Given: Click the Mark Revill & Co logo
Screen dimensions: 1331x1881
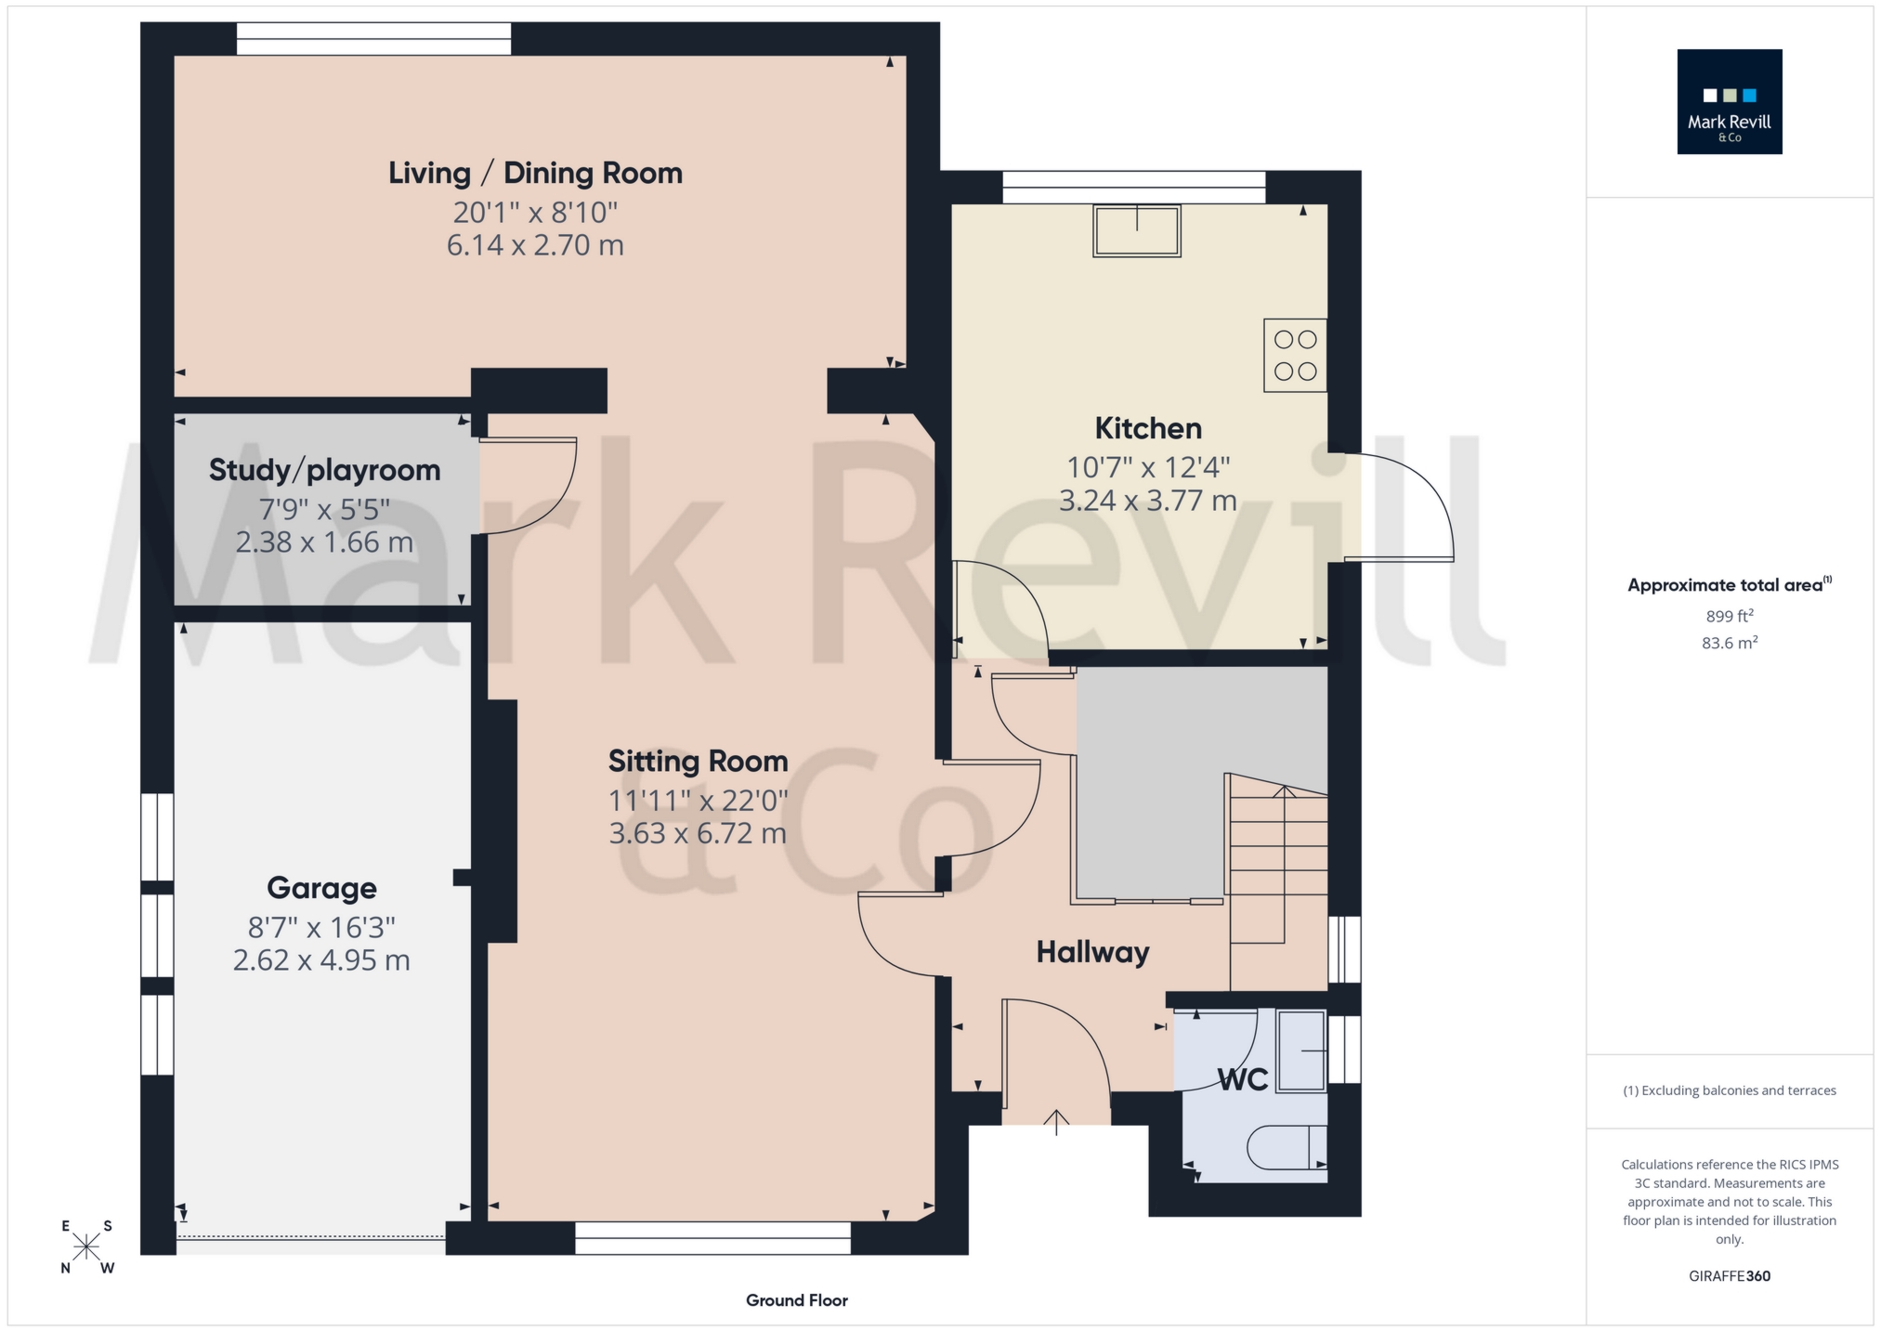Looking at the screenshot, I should (1729, 101).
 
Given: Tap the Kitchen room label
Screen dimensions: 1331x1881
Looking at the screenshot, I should (1148, 428).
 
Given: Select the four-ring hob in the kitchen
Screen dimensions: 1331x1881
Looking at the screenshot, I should (1295, 355).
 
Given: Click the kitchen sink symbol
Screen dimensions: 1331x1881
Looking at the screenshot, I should (1137, 230).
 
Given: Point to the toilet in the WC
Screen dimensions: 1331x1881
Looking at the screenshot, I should (1287, 1147).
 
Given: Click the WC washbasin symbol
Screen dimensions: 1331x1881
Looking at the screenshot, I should (1301, 1050).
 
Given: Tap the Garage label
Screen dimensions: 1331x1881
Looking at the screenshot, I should (321, 888).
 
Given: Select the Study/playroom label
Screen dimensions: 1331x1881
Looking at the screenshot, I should (324, 470).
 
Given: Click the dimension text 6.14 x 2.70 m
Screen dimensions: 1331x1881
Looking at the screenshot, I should (535, 246).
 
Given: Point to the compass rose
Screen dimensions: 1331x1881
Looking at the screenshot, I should (86, 1246).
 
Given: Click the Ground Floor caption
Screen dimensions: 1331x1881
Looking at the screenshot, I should (796, 1300).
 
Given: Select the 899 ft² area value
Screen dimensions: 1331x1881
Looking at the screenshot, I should (1729, 616).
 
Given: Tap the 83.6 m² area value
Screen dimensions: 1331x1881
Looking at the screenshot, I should (1729, 643).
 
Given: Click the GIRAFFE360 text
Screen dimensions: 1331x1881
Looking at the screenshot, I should (1729, 1276).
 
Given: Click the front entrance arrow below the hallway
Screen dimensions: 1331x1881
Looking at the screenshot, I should (1056, 1121).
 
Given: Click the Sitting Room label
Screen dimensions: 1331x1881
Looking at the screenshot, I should (698, 762).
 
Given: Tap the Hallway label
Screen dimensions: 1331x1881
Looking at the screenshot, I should (1092, 952).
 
